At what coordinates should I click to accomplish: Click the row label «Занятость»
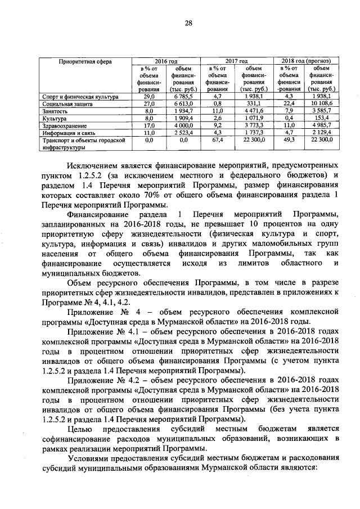click(x=56, y=111)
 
